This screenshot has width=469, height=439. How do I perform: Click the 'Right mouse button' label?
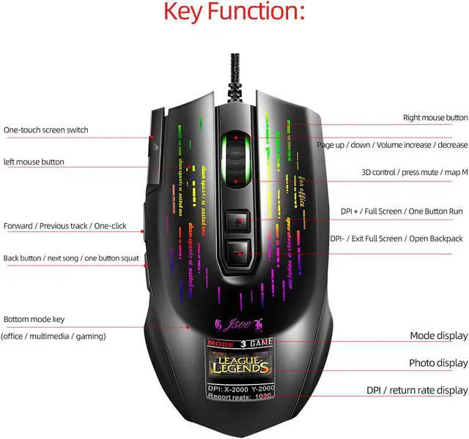[x=435, y=118]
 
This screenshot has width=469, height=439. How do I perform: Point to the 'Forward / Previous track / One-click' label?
[x=64, y=226]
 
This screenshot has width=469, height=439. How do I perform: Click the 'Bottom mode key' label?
[x=34, y=320]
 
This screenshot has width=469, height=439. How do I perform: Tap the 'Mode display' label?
[x=438, y=336]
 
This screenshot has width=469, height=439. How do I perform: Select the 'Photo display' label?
[x=438, y=363]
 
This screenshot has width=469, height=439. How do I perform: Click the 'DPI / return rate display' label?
[x=417, y=390]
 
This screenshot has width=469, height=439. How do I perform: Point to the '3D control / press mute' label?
[x=415, y=173]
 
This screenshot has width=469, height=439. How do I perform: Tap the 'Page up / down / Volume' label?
[x=392, y=145]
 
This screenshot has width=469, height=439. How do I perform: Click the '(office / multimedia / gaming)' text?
[x=53, y=336]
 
